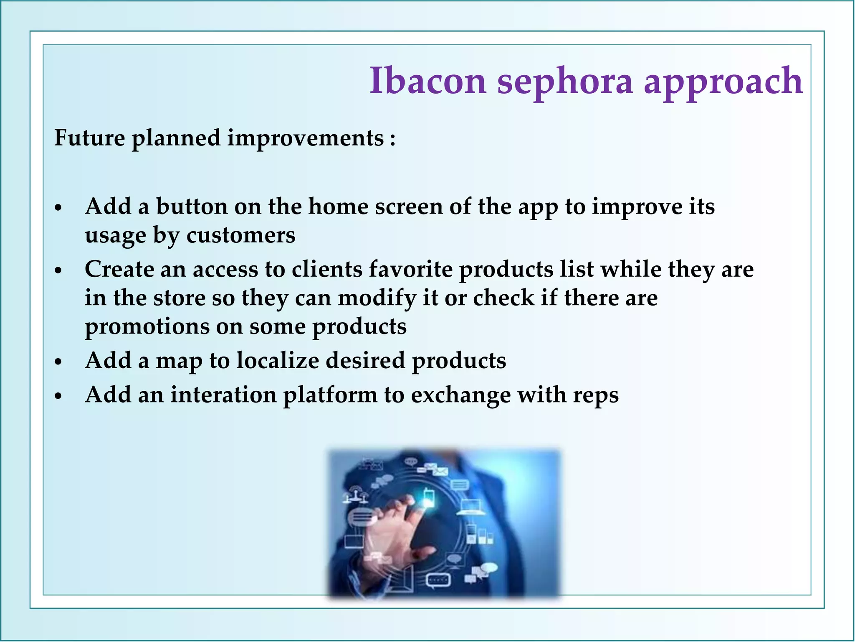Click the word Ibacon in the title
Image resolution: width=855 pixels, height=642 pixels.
click(428, 80)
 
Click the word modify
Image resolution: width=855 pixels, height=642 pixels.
click(377, 298)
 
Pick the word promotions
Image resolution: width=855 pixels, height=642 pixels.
click(147, 327)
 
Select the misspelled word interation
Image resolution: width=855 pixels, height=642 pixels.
click(223, 395)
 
